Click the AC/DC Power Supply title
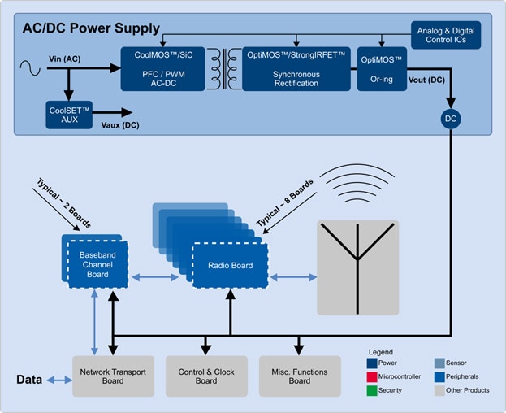point(90,28)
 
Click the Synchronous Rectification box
point(296,67)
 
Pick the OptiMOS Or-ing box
point(382,67)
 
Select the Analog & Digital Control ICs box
point(447,34)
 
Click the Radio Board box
point(230,265)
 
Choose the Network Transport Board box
point(113,376)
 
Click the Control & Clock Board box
point(205,376)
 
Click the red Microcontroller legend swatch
point(371,376)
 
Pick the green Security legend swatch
point(371,390)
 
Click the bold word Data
point(30,380)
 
